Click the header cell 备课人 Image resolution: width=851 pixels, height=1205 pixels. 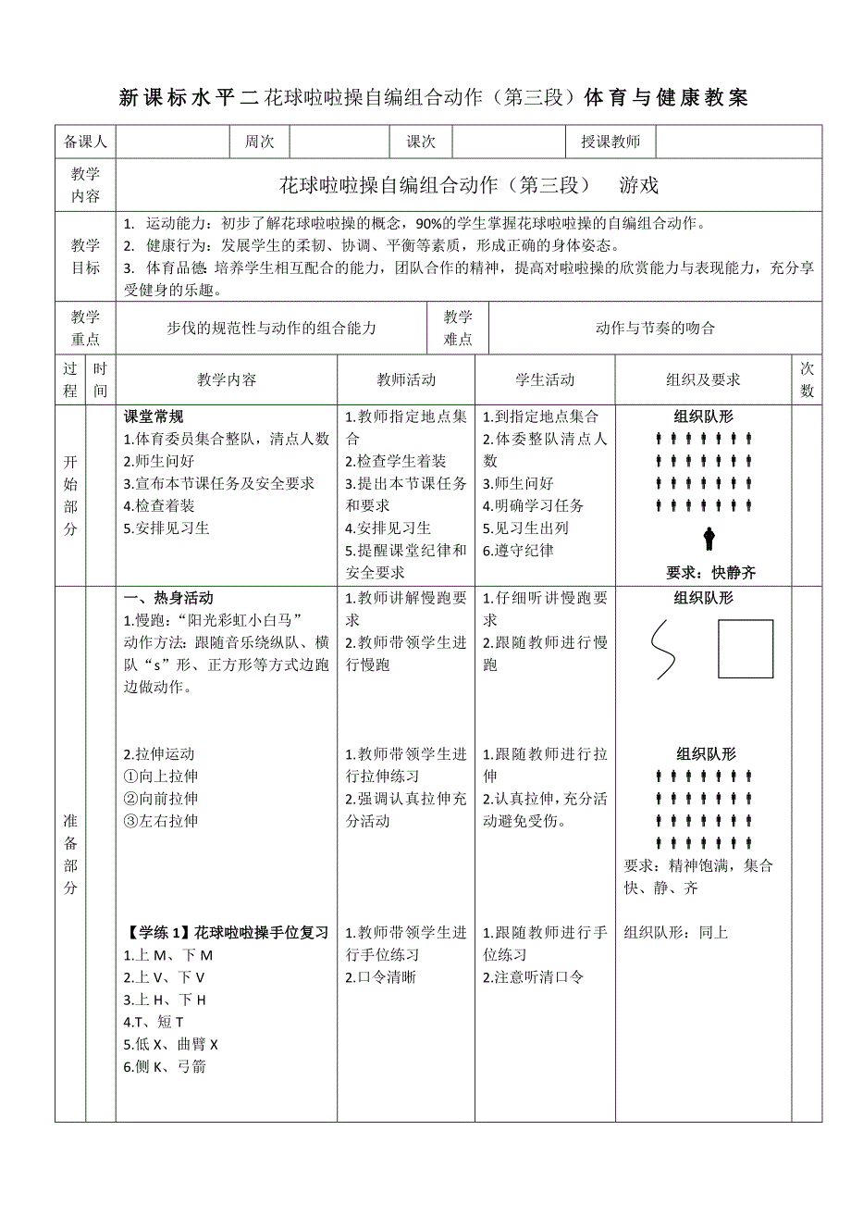pyautogui.click(x=85, y=142)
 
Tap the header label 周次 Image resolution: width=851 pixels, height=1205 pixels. pyautogui.click(x=259, y=142)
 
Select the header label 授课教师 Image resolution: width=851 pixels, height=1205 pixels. pyautogui.click(x=610, y=142)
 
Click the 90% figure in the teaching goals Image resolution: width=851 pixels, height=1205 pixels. pyautogui.click(x=432, y=223)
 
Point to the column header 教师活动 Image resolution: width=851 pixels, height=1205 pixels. pyautogui.click(x=406, y=379)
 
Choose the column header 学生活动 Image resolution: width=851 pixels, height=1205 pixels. pyautogui.click(x=545, y=379)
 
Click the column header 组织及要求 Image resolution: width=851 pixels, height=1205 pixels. pyautogui.click(x=703, y=379)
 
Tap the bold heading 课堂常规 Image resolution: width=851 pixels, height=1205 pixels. pyautogui.click(x=154, y=416)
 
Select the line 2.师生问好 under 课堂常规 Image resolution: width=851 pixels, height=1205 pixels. pyautogui.click(x=159, y=461)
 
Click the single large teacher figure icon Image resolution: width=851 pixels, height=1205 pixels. pyautogui.click(x=709, y=538)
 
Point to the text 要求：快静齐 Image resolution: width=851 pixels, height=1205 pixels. pyautogui.click(x=709, y=573)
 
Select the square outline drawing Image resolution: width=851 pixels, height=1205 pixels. pyautogui.click(x=746, y=649)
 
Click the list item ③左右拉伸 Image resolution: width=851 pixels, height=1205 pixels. pyautogui.click(x=161, y=821)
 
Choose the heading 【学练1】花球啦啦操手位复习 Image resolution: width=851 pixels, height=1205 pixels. pyautogui.click(x=226, y=933)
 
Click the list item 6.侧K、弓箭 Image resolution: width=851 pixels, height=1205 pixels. pyautogui.click(x=165, y=1066)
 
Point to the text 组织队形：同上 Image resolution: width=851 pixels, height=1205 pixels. pyautogui.click(x=676, y=933)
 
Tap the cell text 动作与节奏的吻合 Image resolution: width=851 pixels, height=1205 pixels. pyautogui.click(x=655, y=328)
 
